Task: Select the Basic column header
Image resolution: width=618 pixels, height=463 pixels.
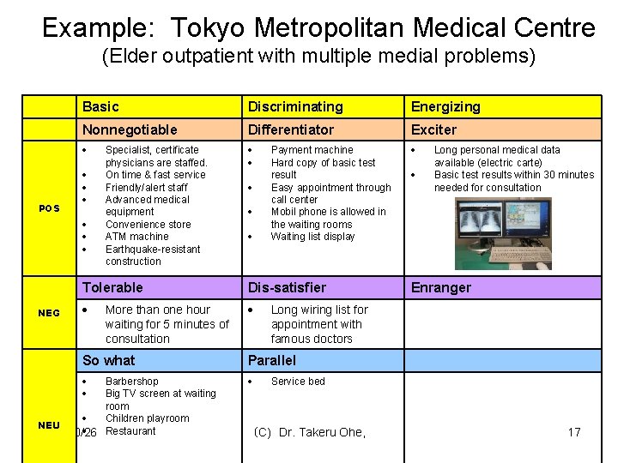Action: click(100, 106)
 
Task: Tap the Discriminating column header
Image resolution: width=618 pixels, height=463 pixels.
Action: click(295, 106)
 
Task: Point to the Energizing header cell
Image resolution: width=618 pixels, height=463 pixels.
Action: click(445, 106)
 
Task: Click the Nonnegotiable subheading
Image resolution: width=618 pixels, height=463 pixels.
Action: click(130, 129)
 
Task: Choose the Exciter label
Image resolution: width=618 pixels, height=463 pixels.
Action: click(434, 129)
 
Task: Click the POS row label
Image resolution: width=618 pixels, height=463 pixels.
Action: click(48, 208)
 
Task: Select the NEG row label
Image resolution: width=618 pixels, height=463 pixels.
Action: click(49, 313)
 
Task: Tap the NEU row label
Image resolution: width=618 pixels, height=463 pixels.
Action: click(49, 425)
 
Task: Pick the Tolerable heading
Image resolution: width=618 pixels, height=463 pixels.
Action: click(112, 287)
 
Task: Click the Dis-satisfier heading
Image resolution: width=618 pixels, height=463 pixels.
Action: click(288, 287)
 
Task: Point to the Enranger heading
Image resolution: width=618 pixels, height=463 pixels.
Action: click(441, 287)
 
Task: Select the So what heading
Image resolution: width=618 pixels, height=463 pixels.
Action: click(109, 360)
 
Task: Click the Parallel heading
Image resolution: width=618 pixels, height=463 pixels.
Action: click(271, 360)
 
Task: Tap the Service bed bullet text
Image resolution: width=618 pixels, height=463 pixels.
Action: click(298, 382)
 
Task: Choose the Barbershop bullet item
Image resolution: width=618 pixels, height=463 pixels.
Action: click(131, 382)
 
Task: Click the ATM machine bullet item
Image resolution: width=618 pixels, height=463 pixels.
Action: click(136, 237)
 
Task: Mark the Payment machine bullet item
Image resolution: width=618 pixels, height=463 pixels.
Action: click(312, 150)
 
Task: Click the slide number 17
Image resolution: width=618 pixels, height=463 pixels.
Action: click(574, 432)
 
